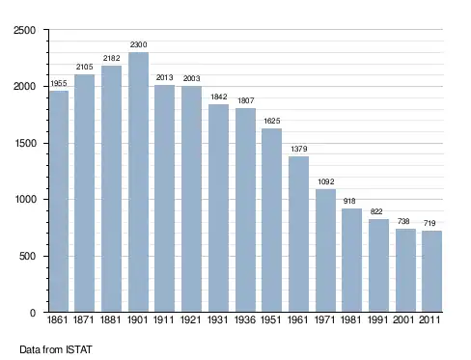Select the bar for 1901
point(138,182)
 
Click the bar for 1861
point(59,202)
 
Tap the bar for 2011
point(431,271)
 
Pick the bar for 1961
point(298,235)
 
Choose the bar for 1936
point(245,210)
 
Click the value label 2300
point(139,44)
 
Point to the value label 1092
point(326,181)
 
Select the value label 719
point(429,223)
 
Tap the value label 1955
point(59,83)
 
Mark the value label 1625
point(272,121)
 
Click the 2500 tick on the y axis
point(24,30)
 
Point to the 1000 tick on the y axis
point(25,199)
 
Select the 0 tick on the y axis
point(33,313)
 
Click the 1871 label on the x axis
point(83,319)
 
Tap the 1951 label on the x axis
point(271,319)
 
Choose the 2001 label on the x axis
point(403,319)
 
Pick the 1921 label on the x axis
point(191,319)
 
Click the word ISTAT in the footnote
point(79,349)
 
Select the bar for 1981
point(351,261)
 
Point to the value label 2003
point(192,78)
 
